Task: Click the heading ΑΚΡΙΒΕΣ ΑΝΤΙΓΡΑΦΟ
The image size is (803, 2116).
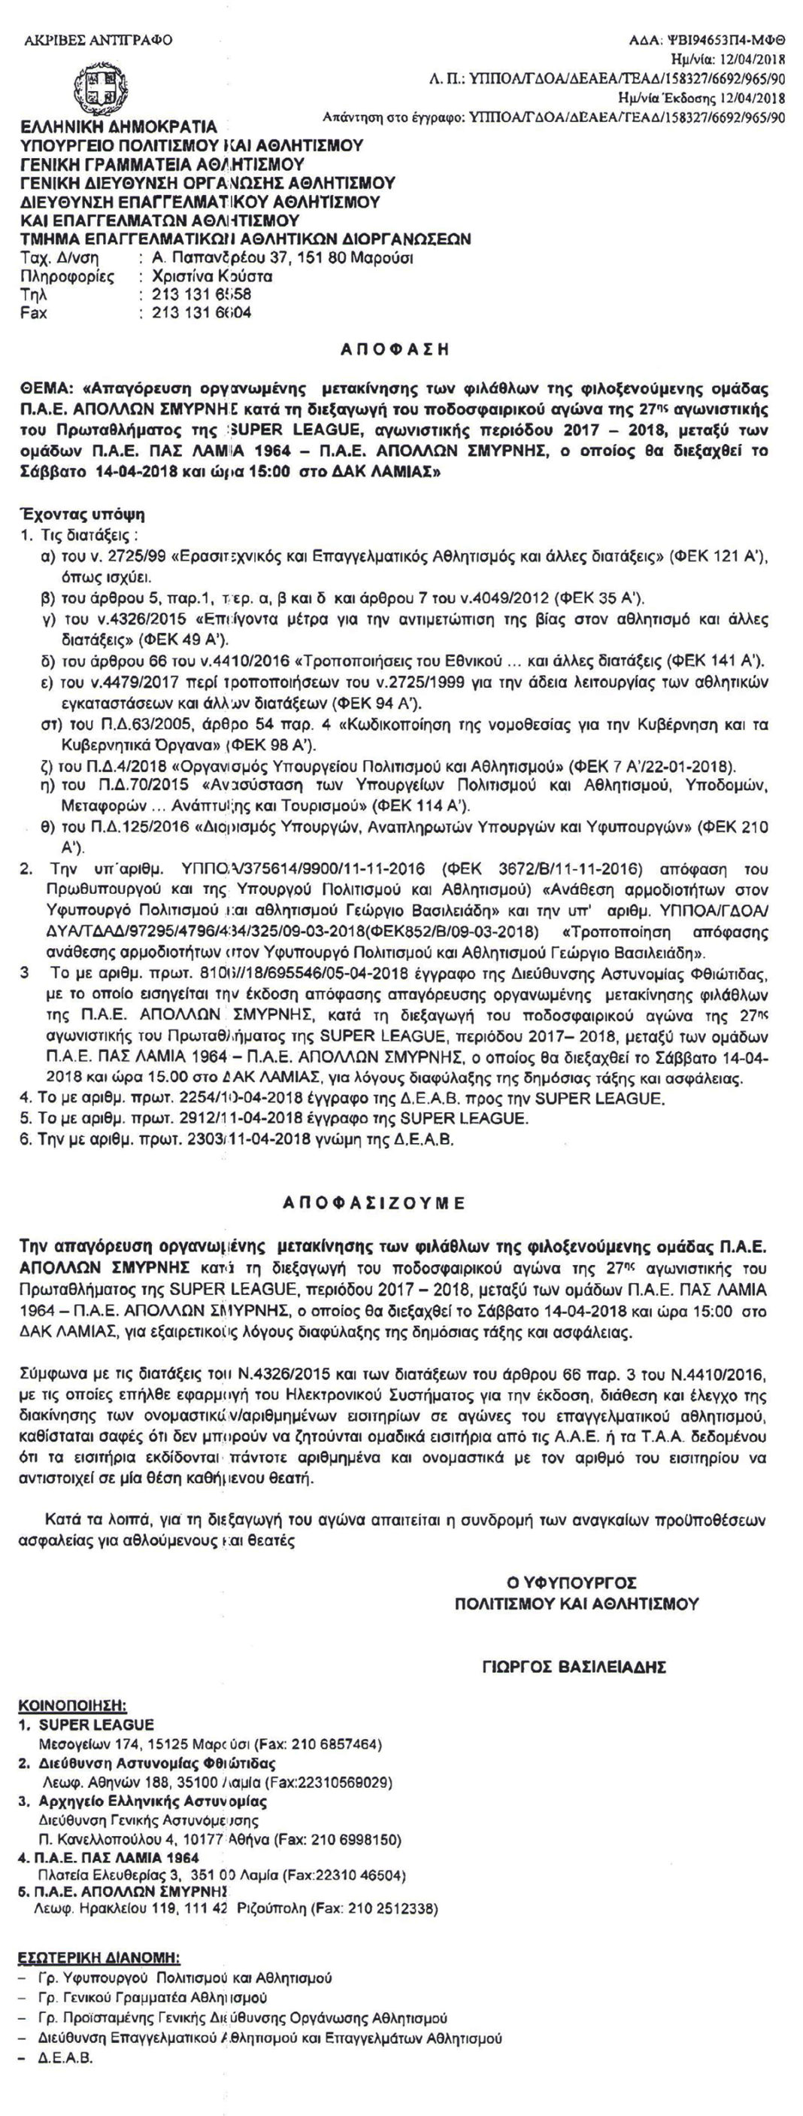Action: (x=98, y=40)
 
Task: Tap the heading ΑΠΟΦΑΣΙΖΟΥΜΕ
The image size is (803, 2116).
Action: (x=374, y=1203)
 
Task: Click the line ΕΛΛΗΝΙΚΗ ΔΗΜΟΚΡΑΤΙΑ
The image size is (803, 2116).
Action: (x=118, y=126)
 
